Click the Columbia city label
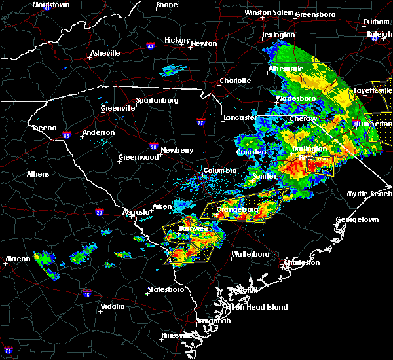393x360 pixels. coord(219,171)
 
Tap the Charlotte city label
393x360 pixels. coord(235,81)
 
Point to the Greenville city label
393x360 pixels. coord(118,108)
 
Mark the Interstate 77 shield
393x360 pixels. coord(201,122)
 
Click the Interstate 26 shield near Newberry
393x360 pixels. coord(153,146)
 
